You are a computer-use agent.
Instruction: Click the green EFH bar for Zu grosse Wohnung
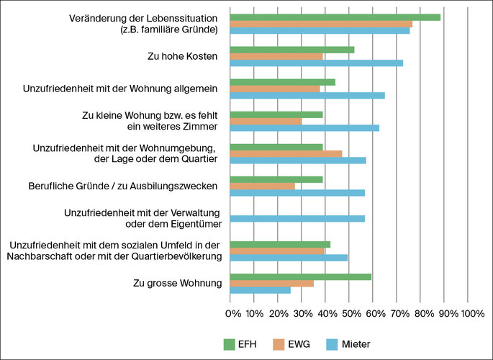tap(300, 276)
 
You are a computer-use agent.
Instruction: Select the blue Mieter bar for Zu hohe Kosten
tap(316, 63)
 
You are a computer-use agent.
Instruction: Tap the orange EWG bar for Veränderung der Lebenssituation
tap(320, 24)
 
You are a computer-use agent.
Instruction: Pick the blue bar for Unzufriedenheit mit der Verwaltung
tap(297, 218)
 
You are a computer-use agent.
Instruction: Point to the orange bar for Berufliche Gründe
tap(262, 186)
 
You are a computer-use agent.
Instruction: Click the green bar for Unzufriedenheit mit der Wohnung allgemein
tap(282, 82)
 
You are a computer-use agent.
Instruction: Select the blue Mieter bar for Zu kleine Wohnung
tap(304, 127)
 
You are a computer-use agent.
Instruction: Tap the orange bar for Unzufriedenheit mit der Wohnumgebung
tap(286, 153)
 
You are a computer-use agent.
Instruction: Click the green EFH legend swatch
tap(230, 343)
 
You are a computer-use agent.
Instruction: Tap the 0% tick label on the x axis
tap(233, 314)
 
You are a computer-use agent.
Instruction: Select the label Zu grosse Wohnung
tap(177, 283)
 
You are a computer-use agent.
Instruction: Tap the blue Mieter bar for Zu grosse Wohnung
tap(260, 289)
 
